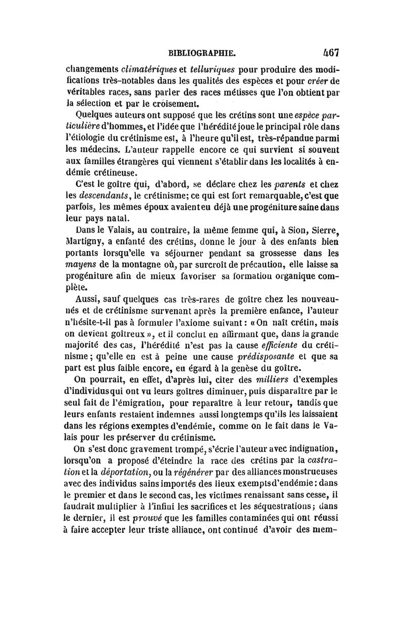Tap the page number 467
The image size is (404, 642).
(331, 52)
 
